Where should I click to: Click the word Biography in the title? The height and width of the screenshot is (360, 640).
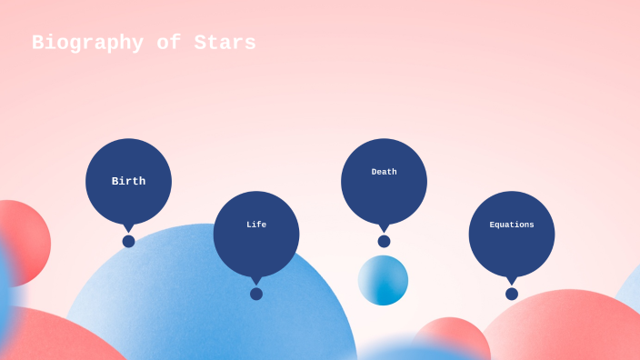(x=87, y=43)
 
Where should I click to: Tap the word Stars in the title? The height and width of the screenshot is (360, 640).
(x=225, y=43)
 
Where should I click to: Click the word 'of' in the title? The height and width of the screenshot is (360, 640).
(x=169, y=43)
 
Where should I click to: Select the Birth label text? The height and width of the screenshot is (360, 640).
(x=128, y=181)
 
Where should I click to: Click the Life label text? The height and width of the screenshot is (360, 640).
(x=256, y=225)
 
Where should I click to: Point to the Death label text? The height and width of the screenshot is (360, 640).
(x=384, y=172)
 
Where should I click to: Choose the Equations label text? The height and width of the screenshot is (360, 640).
(x=512, y=225)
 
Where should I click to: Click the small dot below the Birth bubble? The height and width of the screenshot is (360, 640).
(x=128, y=242)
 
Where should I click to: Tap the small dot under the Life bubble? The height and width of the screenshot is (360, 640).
(x=256, y=294)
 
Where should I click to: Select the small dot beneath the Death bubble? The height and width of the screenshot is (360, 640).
(x=384, y=242)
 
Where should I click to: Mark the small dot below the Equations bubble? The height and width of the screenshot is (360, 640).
(x=512, y=294)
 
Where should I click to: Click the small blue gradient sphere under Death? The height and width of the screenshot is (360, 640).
(x=383, y=280)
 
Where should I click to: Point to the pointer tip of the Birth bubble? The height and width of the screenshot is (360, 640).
(x=128, y=229)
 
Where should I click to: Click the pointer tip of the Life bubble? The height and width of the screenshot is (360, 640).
(x=256, y=282)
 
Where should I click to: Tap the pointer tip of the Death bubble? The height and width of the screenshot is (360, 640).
(x=384, y=229)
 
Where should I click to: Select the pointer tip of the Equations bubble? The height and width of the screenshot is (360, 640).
(x=512, y=282)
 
